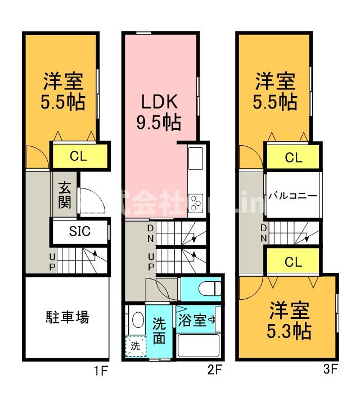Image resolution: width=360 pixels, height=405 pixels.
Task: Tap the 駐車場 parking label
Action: (67, 318)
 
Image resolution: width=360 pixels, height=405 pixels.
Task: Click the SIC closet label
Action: (79, 231)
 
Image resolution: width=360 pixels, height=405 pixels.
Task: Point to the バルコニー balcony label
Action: (291, 196)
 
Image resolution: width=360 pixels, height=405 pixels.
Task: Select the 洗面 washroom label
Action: (159, 331)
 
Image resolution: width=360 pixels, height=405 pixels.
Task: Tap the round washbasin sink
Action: (136, 321)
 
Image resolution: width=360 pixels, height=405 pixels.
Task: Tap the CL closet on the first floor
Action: (79, 156)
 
